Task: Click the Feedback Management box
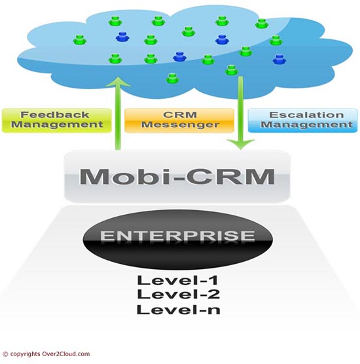[x=57, y=120]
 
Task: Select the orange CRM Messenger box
[x=179, y=120]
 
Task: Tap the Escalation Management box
[x=302, y=120]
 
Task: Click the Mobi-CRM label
[x=177, y=176]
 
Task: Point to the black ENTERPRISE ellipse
[x=177, y=239]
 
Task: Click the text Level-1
[x=178, y=280]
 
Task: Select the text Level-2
[x=178, y=295]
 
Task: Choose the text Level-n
[x=178, y=310]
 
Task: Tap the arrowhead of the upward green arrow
[x=118, y=82]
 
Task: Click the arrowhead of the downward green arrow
[x=241, y=144]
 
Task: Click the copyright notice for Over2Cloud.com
[x=46, y=354]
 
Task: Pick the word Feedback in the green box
[x=55, y=115]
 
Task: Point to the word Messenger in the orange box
[x=180, y=125]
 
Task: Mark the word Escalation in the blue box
[x=306, y=115]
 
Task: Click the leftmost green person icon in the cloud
[x=80, y=40]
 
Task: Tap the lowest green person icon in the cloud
[x=172, y=79]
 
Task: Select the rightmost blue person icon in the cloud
[x=279, y=60]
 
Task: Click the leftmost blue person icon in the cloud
[x=122, y=37]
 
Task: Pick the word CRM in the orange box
[x=180, y=115]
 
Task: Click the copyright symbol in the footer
[x=5, y=354]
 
